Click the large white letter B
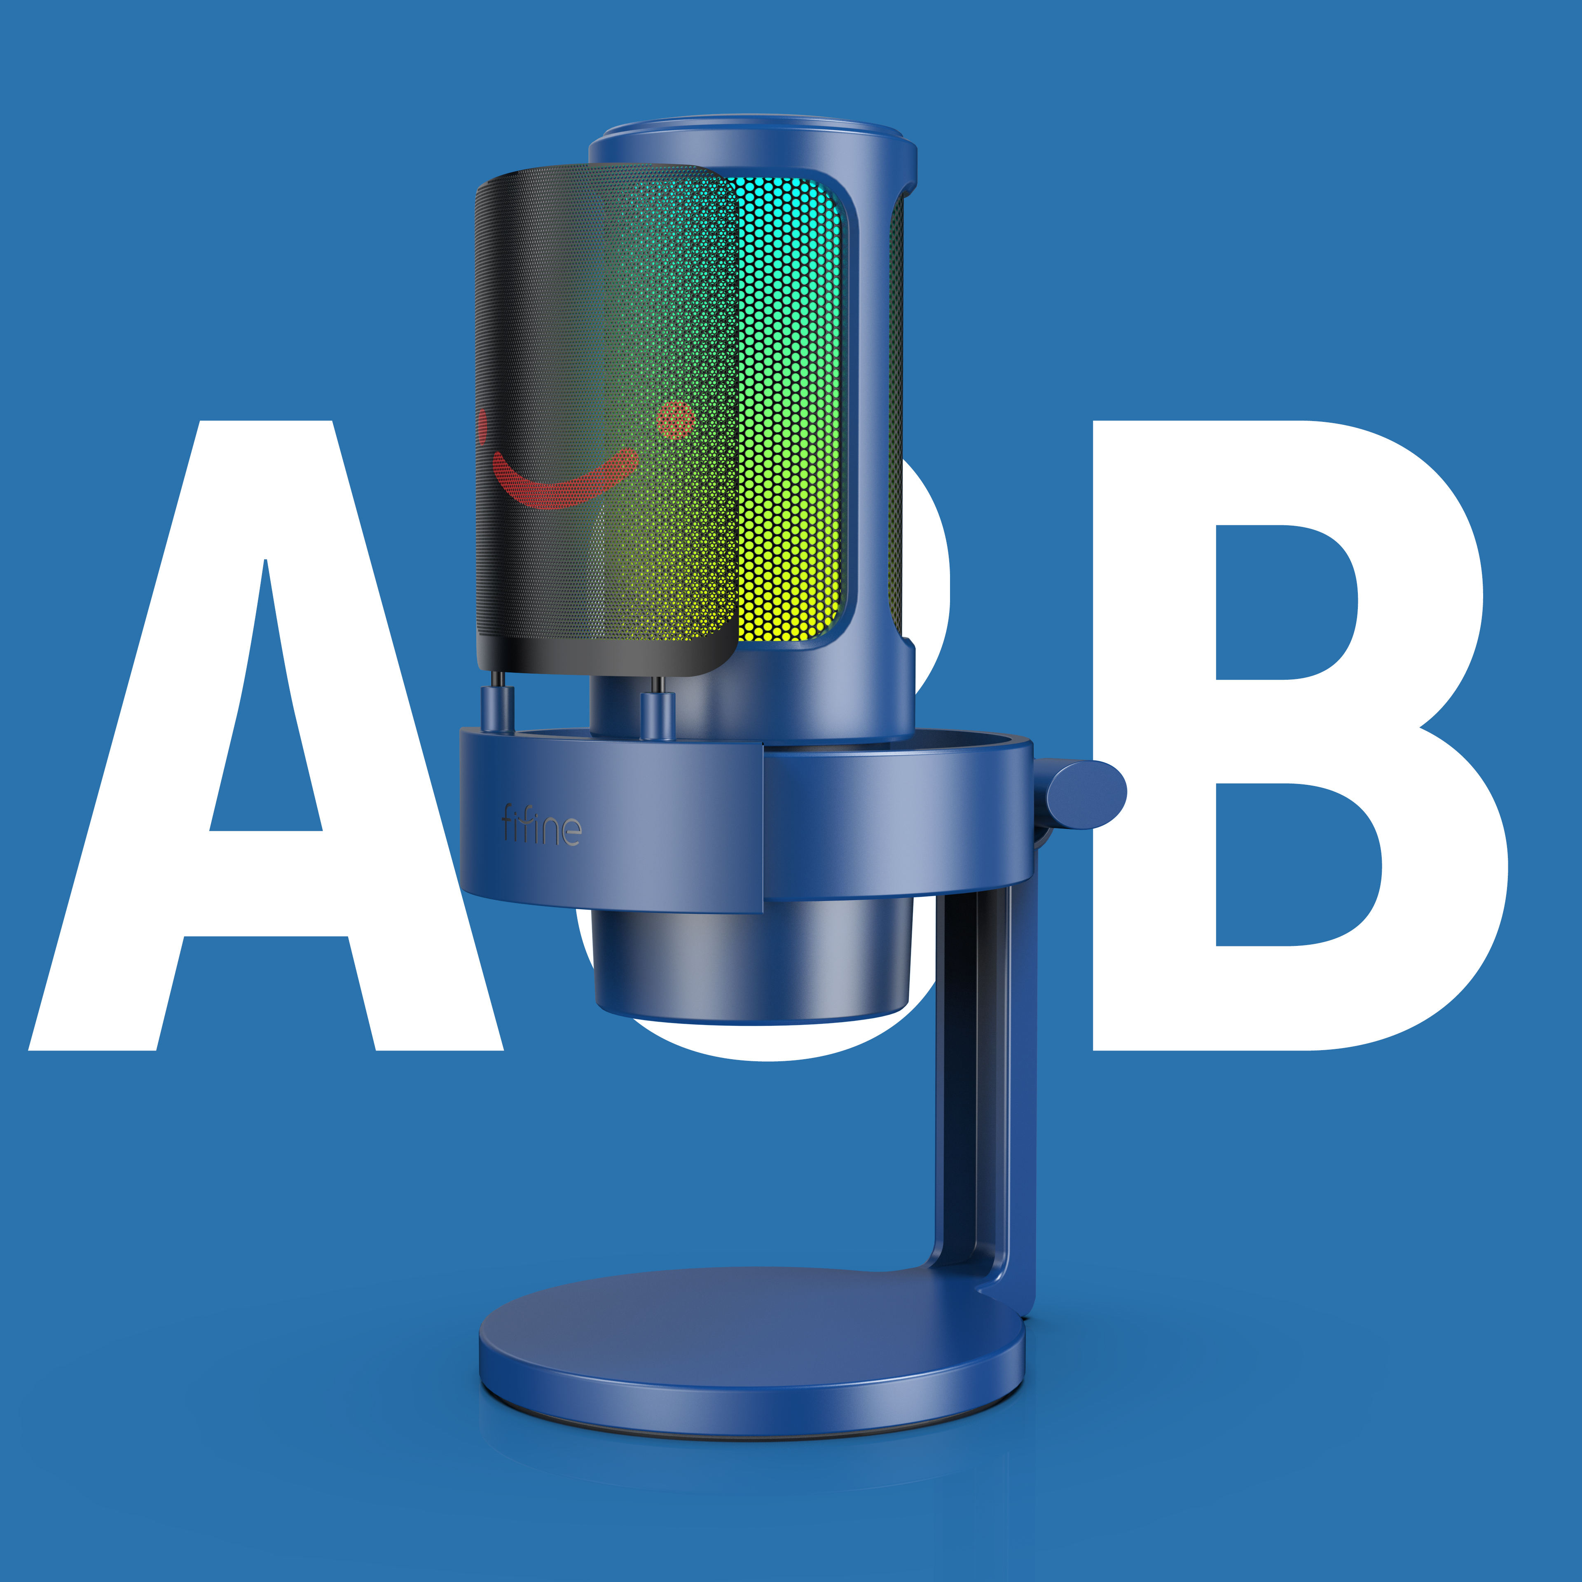click(1147, 737)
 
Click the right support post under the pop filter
click(658, 712)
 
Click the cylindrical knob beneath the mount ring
click(749, 966)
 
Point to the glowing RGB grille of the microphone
click(790, 410)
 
